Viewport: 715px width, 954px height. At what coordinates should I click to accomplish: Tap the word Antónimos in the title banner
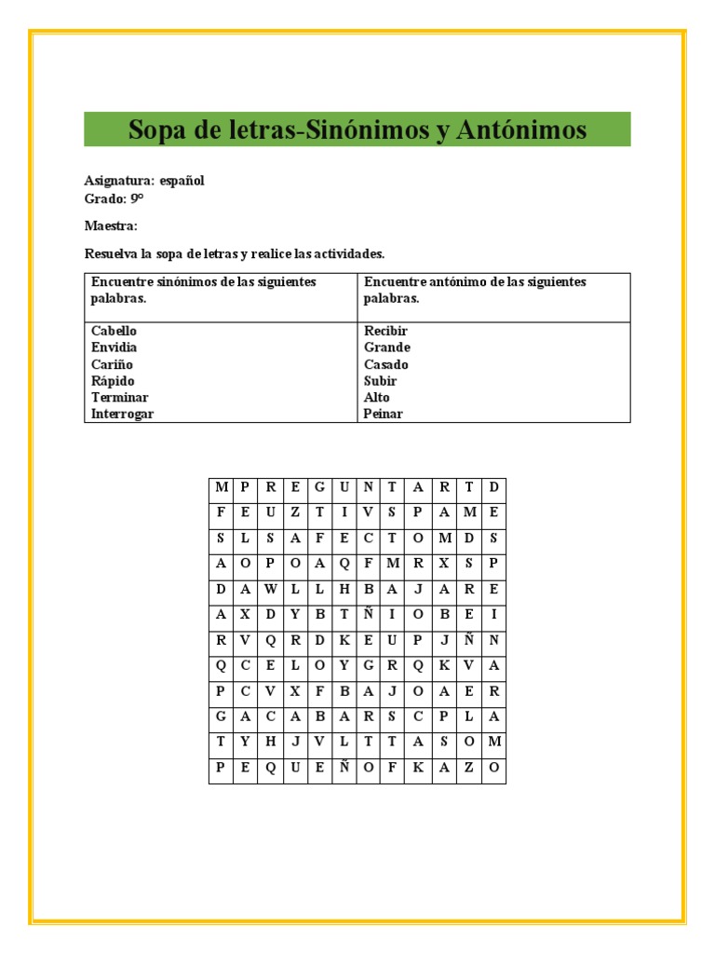[521, 129]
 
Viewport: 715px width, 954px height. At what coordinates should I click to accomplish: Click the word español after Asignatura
[182, 181]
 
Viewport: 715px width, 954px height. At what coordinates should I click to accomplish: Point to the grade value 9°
[137, 198]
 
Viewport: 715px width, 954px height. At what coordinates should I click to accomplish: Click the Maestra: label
[111, 225]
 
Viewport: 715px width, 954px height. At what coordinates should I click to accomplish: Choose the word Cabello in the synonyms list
[114, 331]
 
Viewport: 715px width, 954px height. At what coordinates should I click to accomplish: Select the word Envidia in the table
[114, 348]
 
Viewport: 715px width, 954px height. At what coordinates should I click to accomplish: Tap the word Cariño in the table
[112, 364]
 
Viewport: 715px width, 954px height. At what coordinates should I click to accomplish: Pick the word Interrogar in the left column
[122, 414]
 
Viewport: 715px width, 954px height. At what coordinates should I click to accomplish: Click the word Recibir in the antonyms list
[385, 331]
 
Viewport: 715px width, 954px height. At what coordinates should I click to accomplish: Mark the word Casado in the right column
[385, 364]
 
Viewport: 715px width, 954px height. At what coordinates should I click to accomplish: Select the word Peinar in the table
[383, 414]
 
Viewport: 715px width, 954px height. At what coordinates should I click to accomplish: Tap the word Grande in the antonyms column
[386, 348]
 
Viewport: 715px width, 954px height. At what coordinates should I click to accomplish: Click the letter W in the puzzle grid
[270, 589]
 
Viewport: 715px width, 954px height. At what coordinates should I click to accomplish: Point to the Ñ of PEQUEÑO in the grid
[344, 768]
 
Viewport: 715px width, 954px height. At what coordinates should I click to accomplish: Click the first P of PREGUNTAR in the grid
[246, 486]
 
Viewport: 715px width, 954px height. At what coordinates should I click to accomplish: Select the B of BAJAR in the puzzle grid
[369, 589]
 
